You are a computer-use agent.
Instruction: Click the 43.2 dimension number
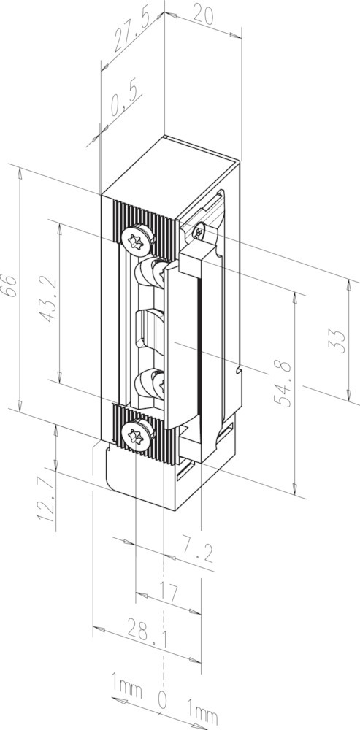pyautogui.click(x=48, y=299)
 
